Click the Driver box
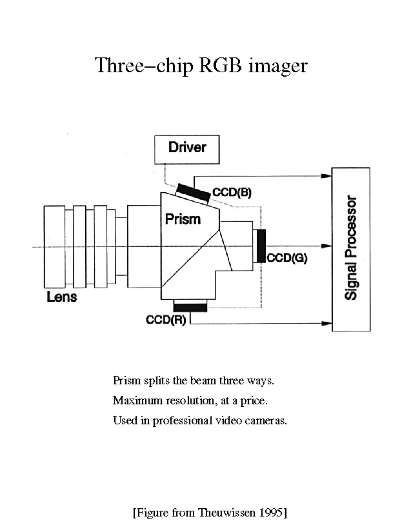point(187,149)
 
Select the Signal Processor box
point(350,249)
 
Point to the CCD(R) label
point(166,319)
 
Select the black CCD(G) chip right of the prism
point(261,245)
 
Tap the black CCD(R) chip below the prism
point(190,307)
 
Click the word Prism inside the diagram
point(183,219)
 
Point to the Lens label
point(62,297)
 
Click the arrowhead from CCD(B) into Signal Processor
point(326,175)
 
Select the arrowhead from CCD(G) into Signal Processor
point(326,246)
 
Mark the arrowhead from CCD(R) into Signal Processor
point(326,323)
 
